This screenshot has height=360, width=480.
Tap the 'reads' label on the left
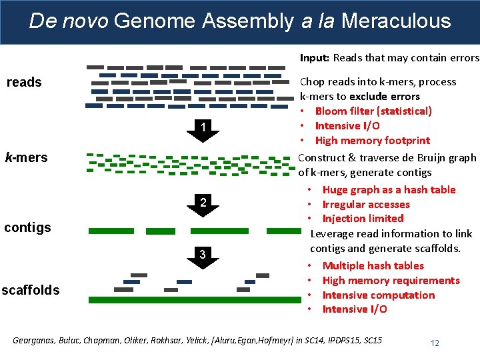coord(24,82)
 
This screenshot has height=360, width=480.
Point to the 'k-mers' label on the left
coord(26,157)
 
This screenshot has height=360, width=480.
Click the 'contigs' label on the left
coord(27,227)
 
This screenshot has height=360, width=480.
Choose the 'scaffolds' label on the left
coord(31,290)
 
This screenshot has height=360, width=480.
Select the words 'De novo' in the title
coord(69,21)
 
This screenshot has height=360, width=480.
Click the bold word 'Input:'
coord(314,58)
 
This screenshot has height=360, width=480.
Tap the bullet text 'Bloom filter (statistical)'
coord(373,111)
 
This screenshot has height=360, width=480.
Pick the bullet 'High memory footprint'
coord(372,140)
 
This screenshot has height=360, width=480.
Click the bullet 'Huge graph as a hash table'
coord(389,189)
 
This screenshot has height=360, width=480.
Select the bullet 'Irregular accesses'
coord(365,204)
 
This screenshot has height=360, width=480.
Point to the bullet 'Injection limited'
coord(363,218)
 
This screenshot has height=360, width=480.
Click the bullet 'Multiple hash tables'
coord(373,265)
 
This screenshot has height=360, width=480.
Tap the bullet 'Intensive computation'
coord(378,295)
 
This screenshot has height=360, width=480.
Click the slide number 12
coord(435,343)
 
